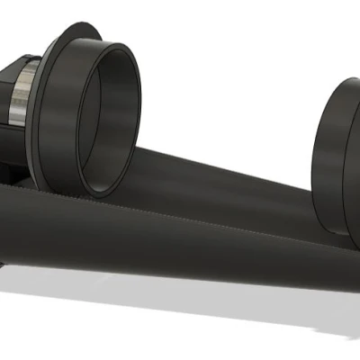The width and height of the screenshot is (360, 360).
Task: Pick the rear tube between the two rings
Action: pyautogui.click(x=225, y=180)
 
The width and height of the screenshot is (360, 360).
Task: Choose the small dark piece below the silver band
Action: pyautogui.click(x=9, y=171)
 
